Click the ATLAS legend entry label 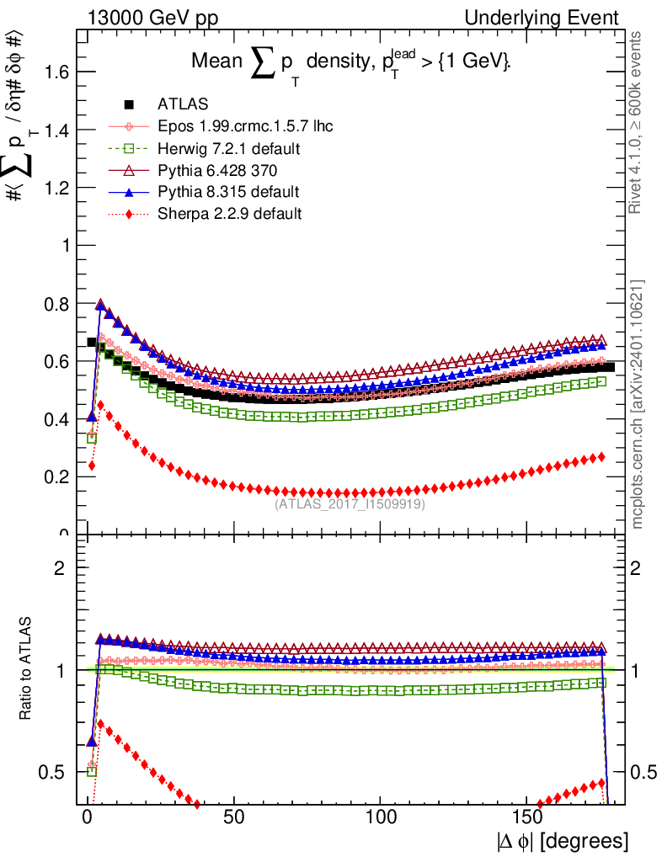[x=183, y=104]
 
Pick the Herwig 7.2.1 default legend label [x=229, y=149]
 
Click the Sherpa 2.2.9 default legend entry [x=229, y=214]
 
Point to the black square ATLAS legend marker [x=129, y=104]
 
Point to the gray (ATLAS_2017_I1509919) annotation [x=350, y=504]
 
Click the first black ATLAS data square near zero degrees [x=93, y=343]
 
